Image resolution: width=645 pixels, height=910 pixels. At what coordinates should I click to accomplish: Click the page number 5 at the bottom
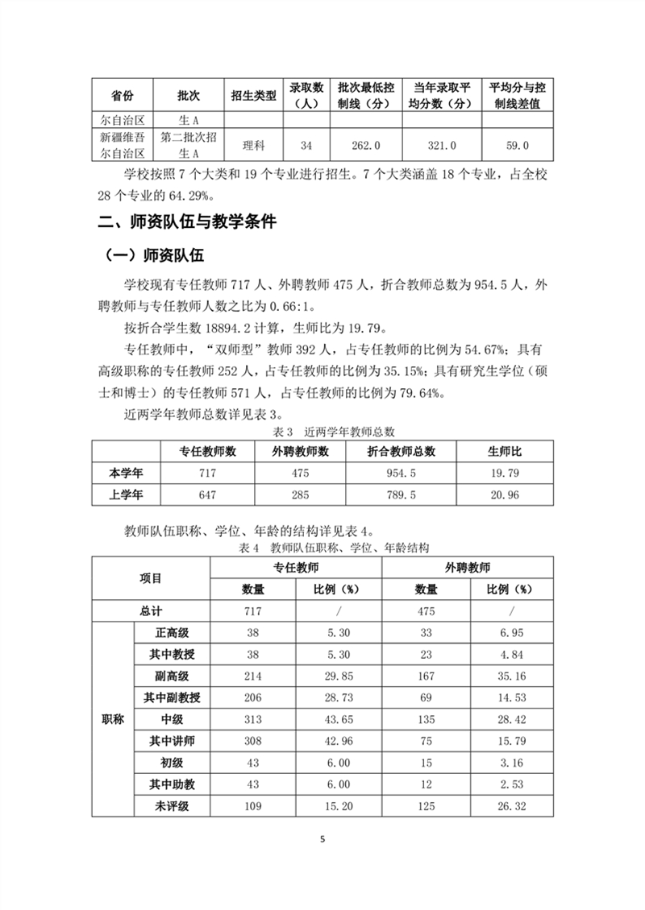point(322,839)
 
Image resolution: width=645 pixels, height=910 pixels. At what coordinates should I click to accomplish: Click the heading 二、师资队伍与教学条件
point(186,222)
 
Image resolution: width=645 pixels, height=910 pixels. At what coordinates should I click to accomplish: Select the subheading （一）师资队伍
point(155,256)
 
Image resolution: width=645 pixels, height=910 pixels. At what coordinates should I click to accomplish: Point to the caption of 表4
point(322,548)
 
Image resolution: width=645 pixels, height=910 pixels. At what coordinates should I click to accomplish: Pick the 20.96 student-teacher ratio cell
point(504,494)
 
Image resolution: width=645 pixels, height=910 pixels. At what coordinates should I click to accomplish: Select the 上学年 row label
point(125,494)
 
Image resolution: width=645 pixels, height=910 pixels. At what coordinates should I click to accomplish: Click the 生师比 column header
point(504,451)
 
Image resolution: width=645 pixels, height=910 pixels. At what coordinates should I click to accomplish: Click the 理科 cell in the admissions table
point(254,146)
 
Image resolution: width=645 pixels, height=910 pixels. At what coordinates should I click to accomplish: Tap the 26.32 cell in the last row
point(510,806)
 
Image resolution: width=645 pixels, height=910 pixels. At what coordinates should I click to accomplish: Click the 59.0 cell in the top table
point(516,146)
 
